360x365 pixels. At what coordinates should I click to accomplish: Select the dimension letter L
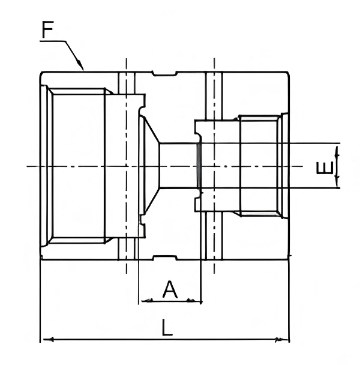coord(167,328)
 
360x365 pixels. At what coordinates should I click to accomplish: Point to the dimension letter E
coord(325,166)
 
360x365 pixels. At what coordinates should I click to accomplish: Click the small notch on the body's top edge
coord(165,74)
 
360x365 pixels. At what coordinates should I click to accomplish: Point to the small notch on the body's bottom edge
coord(165,257)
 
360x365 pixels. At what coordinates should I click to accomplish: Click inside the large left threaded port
coord(78,165)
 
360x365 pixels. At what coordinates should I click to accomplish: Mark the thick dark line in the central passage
coord(198,165)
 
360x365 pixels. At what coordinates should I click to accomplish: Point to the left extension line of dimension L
coord(40,300)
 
